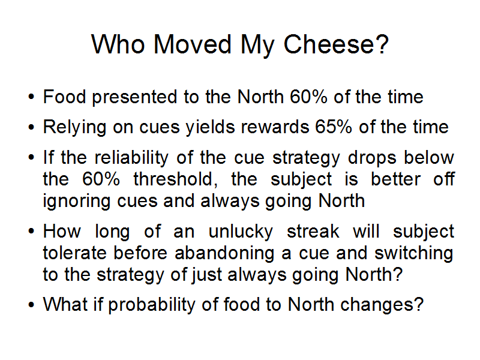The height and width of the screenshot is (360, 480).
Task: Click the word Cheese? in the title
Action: point(336,44)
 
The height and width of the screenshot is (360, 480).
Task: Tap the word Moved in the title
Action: point(192,44)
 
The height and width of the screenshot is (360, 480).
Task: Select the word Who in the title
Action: point(118,44)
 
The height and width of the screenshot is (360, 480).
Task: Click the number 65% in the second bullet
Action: point(334,127)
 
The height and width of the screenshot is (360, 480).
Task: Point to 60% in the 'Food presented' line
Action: point(308,97)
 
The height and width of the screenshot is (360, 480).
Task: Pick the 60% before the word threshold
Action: point(101,179)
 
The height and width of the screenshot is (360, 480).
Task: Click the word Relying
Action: point(74,128)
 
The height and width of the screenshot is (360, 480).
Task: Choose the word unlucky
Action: point(241,232)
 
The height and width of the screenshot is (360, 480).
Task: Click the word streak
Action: point(313,231)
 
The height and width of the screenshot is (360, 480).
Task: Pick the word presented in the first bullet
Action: point(134,98)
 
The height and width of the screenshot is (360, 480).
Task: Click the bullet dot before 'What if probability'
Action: point(31,305)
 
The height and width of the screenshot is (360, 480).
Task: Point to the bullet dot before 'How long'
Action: point(31,231)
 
